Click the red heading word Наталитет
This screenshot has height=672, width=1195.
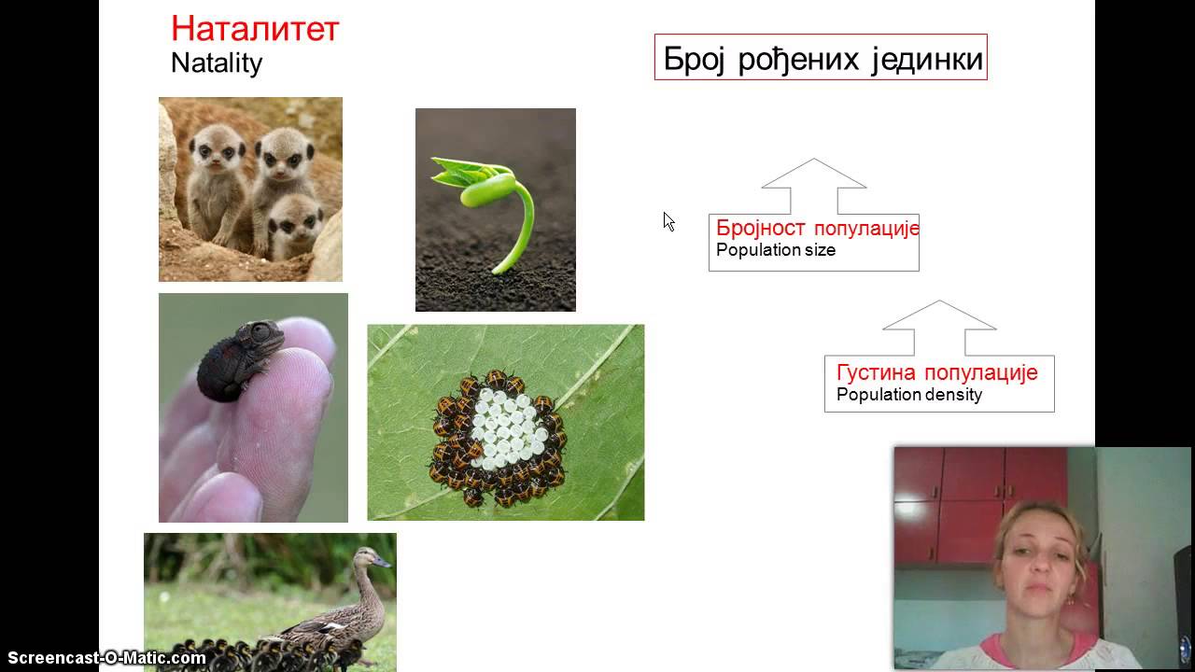point(254,29)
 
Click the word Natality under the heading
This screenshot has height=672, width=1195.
point(217,63)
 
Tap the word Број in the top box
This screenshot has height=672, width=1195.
point(695,59)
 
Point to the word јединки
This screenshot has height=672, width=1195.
point(926,59)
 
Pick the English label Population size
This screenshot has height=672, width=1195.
point(775,250)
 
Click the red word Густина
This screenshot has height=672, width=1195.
point(876,372)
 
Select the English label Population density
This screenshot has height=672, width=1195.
point(908,394)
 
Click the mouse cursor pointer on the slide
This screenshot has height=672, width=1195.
point(668,220)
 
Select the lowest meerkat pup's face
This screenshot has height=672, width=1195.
point(295,225)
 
